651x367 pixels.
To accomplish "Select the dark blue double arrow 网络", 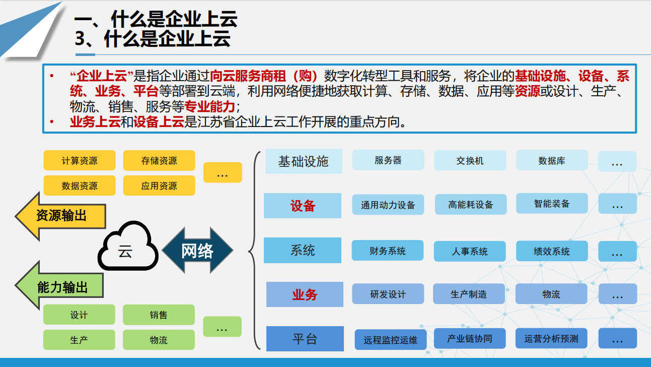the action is tap(198, 250).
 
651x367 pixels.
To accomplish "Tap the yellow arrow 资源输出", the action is tap(60, 216).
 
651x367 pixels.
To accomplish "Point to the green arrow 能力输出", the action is tap(59, 285).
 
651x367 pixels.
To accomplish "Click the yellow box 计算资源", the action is tap(80, 160).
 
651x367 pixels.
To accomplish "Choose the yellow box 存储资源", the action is tap(159, 160).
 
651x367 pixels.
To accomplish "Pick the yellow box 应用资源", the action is tap(159, 186).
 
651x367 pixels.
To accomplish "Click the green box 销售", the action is tap(159, 315).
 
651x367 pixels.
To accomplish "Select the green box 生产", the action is tap(79, 340).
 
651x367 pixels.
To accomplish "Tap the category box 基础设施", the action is tap(304, 161).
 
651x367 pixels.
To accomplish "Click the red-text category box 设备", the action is tap(303, 206).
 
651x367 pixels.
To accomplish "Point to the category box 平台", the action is tap(305, 339).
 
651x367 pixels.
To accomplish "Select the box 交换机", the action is tap(470, 160).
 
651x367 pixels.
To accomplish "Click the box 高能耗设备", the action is tap(471, 204).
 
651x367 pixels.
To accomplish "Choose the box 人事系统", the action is tap(470, 251).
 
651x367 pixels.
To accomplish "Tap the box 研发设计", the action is tap(388, 294).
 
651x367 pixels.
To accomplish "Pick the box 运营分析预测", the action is tap(551, 338).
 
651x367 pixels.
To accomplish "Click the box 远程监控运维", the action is tap(391, 340).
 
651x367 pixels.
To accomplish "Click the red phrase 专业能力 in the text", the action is tap(209, 106).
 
